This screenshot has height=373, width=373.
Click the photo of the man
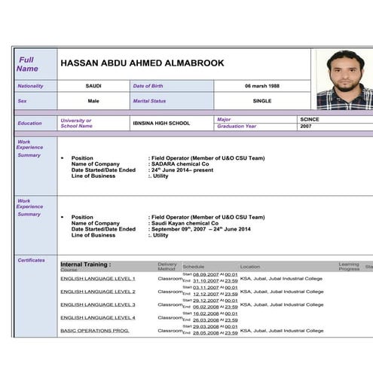(x=344, y=79)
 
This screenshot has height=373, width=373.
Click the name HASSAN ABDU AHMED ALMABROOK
(x=142, y=63)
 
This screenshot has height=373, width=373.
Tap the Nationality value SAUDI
(x=93, y=86)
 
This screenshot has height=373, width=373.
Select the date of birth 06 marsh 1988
(x=261, y=86)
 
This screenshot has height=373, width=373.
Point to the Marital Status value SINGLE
(x=261, y=100)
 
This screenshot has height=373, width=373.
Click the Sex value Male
(x=93, y=100)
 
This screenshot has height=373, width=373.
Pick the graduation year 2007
(x=305, y=127)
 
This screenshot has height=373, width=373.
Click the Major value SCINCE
(x=309, y=119)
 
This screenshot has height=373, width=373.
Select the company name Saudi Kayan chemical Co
(x=184, y=223)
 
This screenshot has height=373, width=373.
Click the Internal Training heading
(x=85, y=264)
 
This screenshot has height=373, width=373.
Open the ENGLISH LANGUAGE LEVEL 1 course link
(x=98, y=279)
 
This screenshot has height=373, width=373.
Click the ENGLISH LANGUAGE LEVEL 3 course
(x=98, y=304)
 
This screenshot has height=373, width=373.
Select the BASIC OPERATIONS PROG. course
(x=95, y=331)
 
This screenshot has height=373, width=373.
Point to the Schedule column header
(x=193, y=267)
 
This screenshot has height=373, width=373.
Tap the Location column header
(x=250, y=267)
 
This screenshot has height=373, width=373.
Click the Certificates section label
(x=31, y=261)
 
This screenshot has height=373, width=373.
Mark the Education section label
(x=30, y=123)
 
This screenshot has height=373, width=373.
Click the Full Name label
(x=27, y=64)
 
